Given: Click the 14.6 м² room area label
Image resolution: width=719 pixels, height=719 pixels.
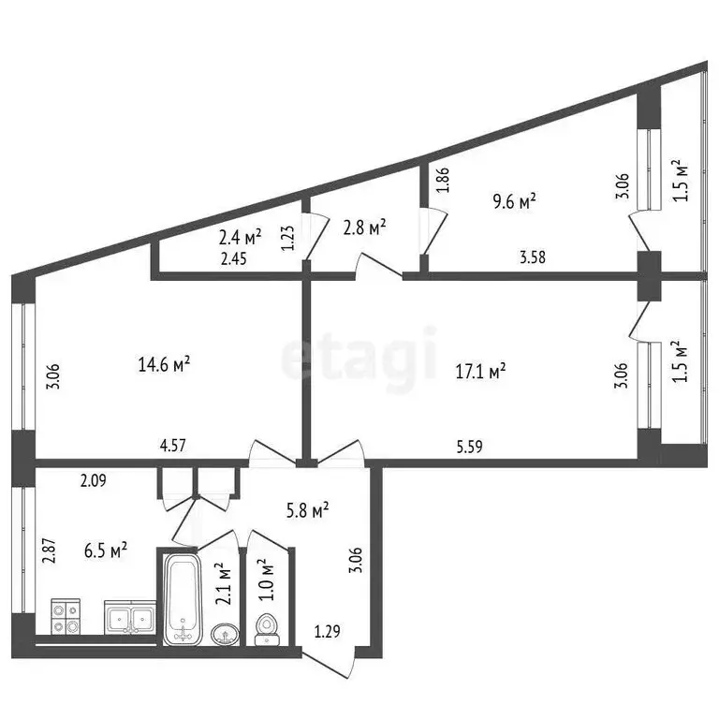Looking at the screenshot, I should coord(164,364).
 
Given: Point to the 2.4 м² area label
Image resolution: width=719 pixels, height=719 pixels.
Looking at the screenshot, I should coord(241,237).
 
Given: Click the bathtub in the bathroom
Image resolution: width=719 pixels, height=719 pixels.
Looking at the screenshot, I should coord(183,598).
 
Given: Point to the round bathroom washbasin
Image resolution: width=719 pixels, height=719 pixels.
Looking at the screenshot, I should coord(226,634).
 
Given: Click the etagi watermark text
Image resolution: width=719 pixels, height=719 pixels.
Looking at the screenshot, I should coord(360,357).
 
